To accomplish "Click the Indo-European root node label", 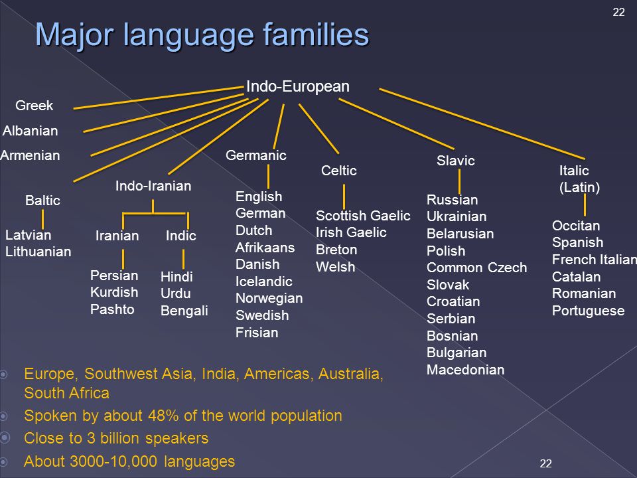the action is coord(298,86).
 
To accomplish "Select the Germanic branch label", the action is coord(256,155).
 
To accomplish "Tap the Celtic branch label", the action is coord(339,171).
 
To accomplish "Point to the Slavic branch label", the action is coord(456,161).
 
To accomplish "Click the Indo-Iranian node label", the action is coord(153,186).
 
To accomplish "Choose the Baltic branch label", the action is coord(42,200).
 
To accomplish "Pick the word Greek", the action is coord(34,106).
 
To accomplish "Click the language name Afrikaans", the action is coord(265,247).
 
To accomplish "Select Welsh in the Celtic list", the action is coord(336,267).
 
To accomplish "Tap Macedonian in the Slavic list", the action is coord(466,370).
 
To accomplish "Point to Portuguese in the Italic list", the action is coord(589,311).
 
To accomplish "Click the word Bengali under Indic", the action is coord(184,311).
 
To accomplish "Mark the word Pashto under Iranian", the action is coord(112,309).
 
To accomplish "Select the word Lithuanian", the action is coord(38,252).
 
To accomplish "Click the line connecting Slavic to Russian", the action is coord(459,181).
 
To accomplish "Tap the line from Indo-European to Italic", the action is coord(482,123).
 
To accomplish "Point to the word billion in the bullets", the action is coord(121,438).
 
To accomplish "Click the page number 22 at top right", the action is coord(618,12).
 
